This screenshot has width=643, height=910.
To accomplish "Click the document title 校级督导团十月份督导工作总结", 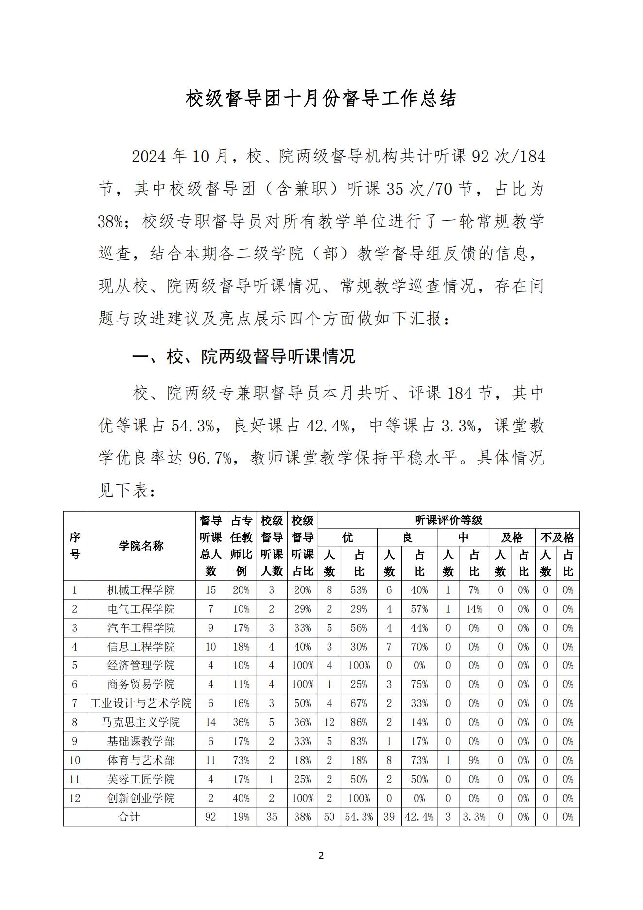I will [x=321, y=99].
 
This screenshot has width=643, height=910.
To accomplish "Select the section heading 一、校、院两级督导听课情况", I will [x=243, y=357].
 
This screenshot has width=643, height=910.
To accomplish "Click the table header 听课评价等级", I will [x=448, y=520].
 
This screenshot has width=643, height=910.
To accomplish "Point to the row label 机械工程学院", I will [x=141, y=590].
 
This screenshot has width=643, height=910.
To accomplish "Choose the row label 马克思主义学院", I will [x=141, y=722].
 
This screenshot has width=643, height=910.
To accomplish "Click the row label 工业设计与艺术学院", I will [x=141, y=703].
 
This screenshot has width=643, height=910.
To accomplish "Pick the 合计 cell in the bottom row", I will [x=129, y=817].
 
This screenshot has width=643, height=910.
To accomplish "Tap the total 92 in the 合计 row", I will [x=210, y=817].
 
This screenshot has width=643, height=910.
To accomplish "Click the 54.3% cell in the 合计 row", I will [x=359, y=817].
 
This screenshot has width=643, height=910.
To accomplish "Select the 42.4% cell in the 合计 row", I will [x=419, y=817].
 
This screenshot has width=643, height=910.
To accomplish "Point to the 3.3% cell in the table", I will [x=474, y=817].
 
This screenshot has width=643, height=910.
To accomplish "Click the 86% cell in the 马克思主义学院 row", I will [x=359, y=722].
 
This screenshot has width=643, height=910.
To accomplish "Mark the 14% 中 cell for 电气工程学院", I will [x=474, y=609].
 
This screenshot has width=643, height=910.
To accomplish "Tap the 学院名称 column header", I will [x=141, y=546].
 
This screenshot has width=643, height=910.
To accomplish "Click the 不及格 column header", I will [x=557, y=537].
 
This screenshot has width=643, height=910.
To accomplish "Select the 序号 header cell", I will [x=75, y=546].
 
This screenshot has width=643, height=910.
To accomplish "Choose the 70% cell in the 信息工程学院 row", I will [x=419, y=647].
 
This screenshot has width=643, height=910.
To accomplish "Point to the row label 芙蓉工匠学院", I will [x=141, y=779].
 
